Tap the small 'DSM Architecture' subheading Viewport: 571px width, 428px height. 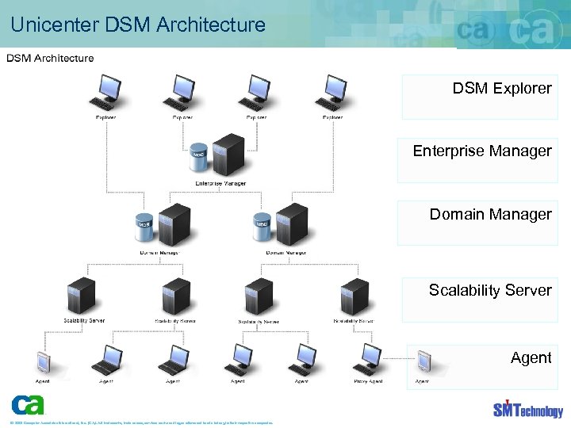(x=51, y=58)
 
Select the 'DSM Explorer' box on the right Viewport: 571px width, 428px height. (x=479, y=97)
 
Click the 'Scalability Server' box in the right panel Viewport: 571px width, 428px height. (x=479, y=300)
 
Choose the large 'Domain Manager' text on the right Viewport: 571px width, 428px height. (x=490, y=215)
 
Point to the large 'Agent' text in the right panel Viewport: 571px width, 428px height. (x=531, y=357)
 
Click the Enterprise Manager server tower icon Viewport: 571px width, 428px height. (x=229, y=155)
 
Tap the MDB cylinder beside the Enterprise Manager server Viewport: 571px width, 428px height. (x=199, y=158)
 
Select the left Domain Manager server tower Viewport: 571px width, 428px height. (x=174, y=225)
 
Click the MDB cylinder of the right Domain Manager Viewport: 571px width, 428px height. (x=261, y=227)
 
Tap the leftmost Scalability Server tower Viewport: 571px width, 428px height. (x=82, y=296)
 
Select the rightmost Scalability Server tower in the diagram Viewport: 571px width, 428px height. (x=354, y=296)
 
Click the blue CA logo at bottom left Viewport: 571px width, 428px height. (x=28, y=404)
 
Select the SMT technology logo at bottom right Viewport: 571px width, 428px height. (x=527, y=408)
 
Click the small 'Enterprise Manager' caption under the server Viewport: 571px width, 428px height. (x=220, y=183)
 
